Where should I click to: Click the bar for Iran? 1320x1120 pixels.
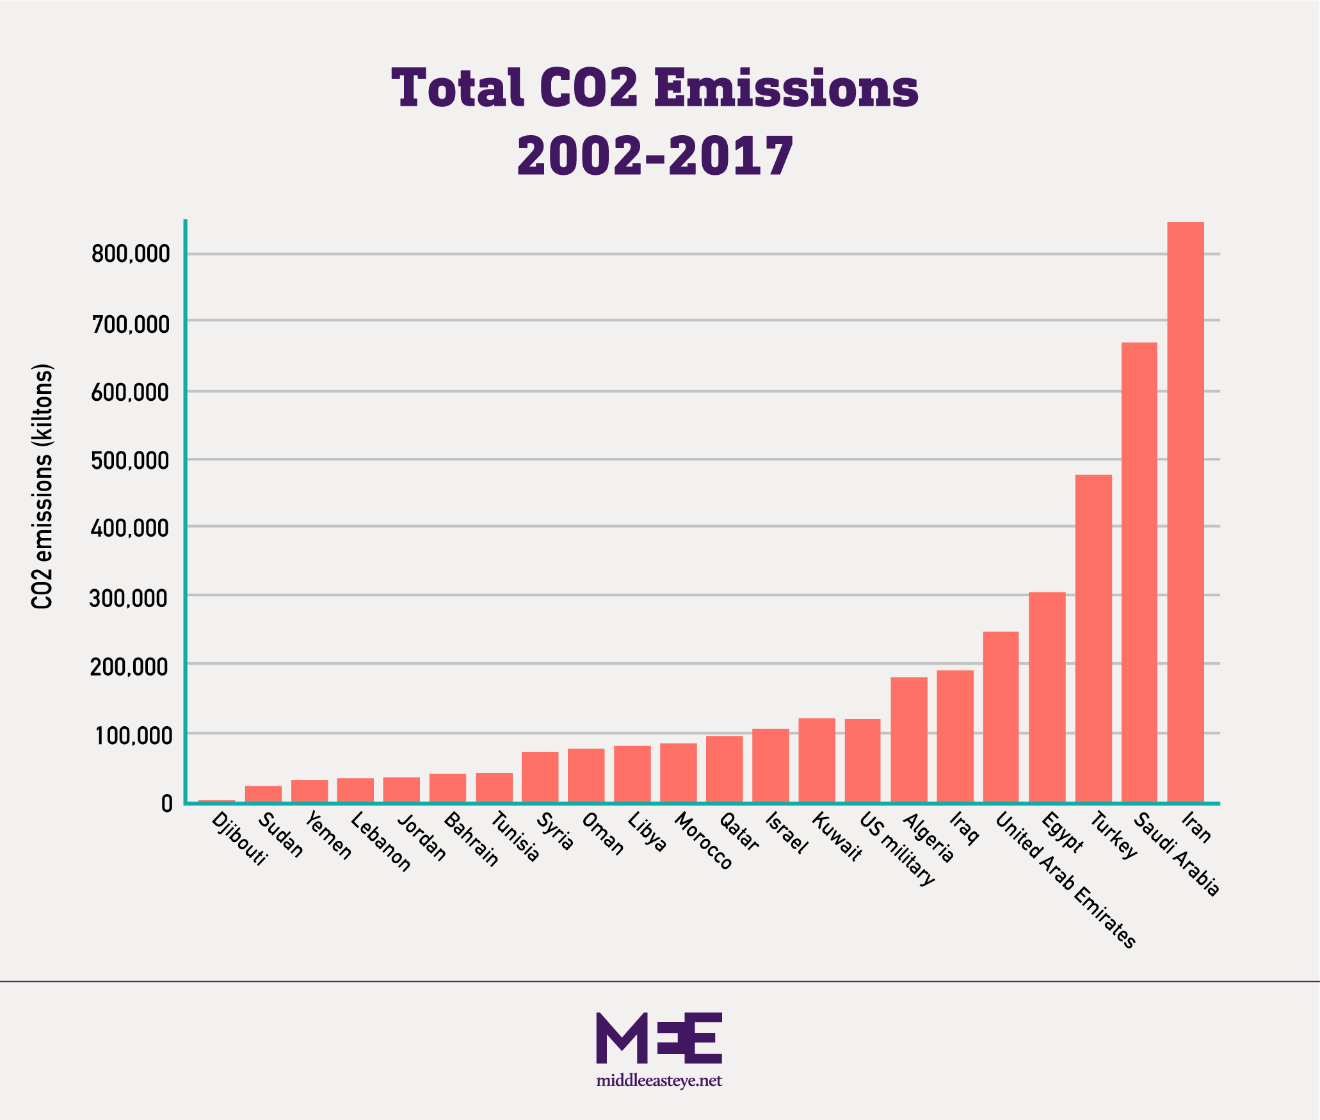pyautogui.click(x=1186, y=512)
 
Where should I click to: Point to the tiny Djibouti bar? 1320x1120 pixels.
pyautogui.click(x=216, y=800)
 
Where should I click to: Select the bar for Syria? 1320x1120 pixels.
pyautogui.click(x=540, y=776)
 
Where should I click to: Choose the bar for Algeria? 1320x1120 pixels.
pyautogui.click(x=909, y=739)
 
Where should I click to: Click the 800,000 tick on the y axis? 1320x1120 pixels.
pyautogui.click(x=131, y=254)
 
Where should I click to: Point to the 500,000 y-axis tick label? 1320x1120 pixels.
pyautogui.click(x=131, y=460)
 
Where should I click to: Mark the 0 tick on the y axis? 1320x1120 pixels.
pyautogui.click(x=167, y=804)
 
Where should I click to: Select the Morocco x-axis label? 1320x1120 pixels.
pyautogui.click(x=703, y=841)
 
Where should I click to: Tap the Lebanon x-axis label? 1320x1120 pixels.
pyautogui.click(x=381, y=842)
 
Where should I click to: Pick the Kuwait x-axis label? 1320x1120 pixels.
pyautogui.click(x=837, y=837)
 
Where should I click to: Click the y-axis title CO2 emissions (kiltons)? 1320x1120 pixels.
pyautogui.click(x=42, y=487)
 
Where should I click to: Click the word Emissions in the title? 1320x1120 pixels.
pyautogui.click(x=786, y=88)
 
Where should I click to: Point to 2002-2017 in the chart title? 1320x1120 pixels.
pyautogui.click(x=655, y=156)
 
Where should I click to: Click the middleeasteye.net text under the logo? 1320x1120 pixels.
pyautogui.click(x=659, y=1081)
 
